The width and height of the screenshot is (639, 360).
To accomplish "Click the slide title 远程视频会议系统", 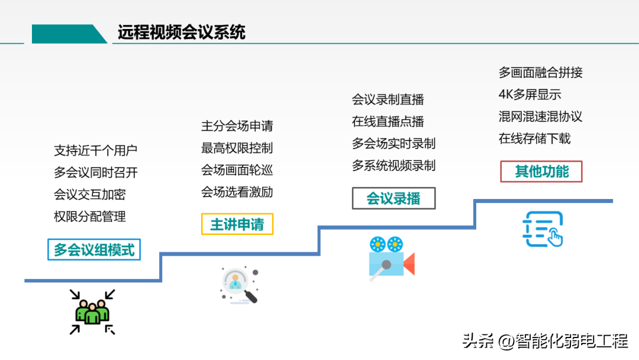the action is pyautogui.click(x=182, y=32).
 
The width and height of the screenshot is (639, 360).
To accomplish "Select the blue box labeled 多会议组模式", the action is pyautogui.click(x=94, y=249).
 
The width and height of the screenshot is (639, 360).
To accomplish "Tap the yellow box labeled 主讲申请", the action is pyautogui.click(x=237, y=224).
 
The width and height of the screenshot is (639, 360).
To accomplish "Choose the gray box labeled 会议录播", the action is pyautogui.click(x=393, y=198).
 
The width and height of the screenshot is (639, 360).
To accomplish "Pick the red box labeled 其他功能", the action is pyautogui.click(x=541, y=172).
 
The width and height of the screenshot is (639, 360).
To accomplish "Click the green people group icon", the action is pyautogui.click(x=92, y=312).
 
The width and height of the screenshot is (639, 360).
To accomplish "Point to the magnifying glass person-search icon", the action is pyautogui.click(x=240, y=285).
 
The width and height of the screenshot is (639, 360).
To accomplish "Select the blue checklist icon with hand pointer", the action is pyautogui.click(x=543, y=229).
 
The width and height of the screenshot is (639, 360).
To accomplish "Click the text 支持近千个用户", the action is pyautogui.click(x=95, y=150).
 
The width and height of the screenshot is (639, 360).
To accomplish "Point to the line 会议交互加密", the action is pyautogui.click(x=90, y=194).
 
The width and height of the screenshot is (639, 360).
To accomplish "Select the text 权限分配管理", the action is pyautogui.click(x=90, y=217).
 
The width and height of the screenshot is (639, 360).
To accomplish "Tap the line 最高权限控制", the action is pyautogui.click(x=237, y=148).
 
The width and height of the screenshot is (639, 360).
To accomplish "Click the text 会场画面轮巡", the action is pyautogui.click(x=237, y=170).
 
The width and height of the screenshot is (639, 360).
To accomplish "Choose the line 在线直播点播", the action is pyautogui.click(x=388, y=121).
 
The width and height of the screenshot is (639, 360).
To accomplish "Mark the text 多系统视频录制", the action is pyautogui.click(x=393, y=166).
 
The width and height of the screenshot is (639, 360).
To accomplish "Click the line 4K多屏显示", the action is pyautogui.click(x=530, y=95).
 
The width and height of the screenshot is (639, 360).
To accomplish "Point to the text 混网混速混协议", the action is pyautogui.click(x=540, y=117).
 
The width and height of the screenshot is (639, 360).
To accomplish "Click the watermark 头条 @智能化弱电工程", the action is pyautogui.click(x=546, y=341).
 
